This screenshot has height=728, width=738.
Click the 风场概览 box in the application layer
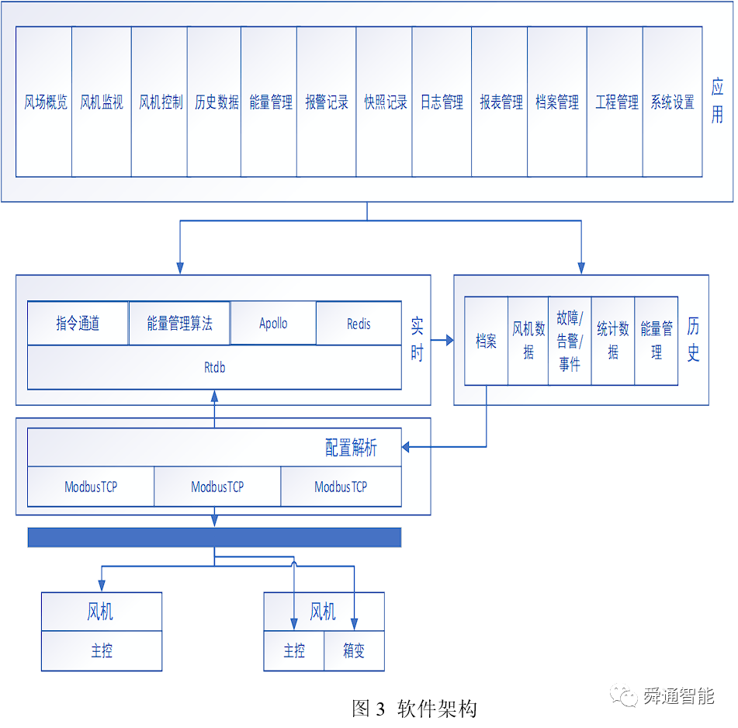point(44,102)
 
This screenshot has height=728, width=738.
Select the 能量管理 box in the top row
point(269,102)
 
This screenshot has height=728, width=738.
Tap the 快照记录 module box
point(385,102)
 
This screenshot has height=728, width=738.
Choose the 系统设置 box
point(672,102)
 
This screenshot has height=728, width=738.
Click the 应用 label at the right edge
point(717,102)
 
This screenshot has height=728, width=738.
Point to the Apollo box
point(273,324)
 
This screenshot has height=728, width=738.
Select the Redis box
point(359,324)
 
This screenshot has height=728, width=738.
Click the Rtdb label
point(214,368)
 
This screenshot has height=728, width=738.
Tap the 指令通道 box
point(78,324)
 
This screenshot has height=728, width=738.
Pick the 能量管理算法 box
point(179,324)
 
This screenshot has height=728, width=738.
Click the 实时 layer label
point(417,340)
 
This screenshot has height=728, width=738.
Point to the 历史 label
point(693,339)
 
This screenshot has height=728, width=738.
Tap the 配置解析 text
point(351,448)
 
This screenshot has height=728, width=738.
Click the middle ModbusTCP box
point(217,487)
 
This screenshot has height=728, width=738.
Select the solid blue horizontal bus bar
point(214,537)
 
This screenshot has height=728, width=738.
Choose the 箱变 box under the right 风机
point(354,650)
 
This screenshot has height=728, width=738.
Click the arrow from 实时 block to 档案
point(443,340)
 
